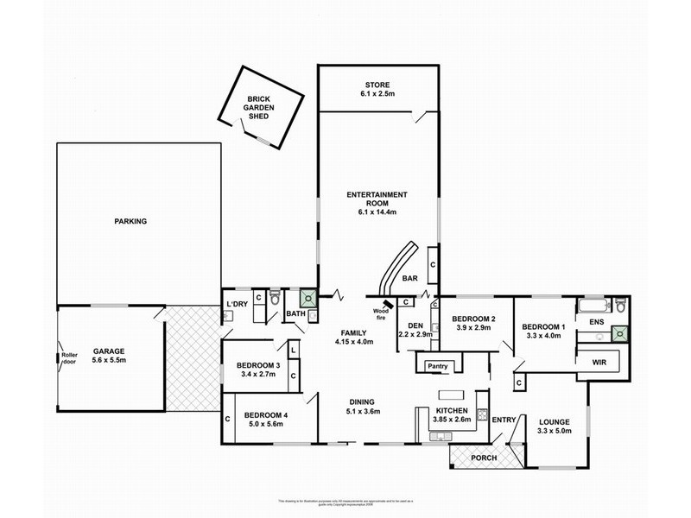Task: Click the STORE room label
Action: tap(377, 84)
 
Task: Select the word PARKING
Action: tap(130, 222)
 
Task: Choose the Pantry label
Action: tap(437, 367)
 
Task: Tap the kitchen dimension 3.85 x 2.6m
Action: tap(451, 420)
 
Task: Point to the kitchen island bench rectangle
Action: tap(451, 395)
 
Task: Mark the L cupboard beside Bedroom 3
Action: tap(293, 349)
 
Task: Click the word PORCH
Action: tap(483, 458)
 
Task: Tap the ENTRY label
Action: tap(503, 420)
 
